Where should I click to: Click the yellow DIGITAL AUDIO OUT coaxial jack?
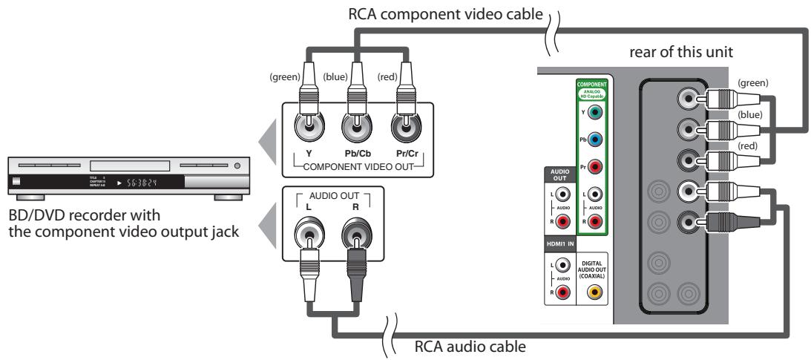(593, 292)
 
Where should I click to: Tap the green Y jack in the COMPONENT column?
(594, 113)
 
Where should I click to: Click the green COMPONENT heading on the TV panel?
(591, 84)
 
